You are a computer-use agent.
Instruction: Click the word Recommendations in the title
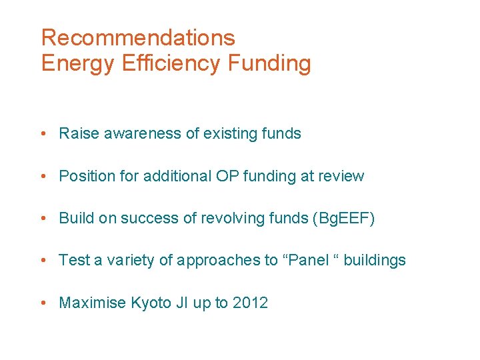tap(138, 37)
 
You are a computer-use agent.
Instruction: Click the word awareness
tap(140, 133)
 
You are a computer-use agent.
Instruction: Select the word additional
tap(177, 176)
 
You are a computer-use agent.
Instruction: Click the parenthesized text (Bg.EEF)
tap(343, 218)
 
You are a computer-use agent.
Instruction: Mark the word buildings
tap(375, 260)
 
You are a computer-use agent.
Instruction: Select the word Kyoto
tap(151, 303)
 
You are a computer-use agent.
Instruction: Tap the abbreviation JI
tap(181, 303)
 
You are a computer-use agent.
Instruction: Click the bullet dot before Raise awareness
tap(43, 133)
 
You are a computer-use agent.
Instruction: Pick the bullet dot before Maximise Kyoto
tap(43, 303)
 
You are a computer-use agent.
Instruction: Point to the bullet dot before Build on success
tap(43, 218)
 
